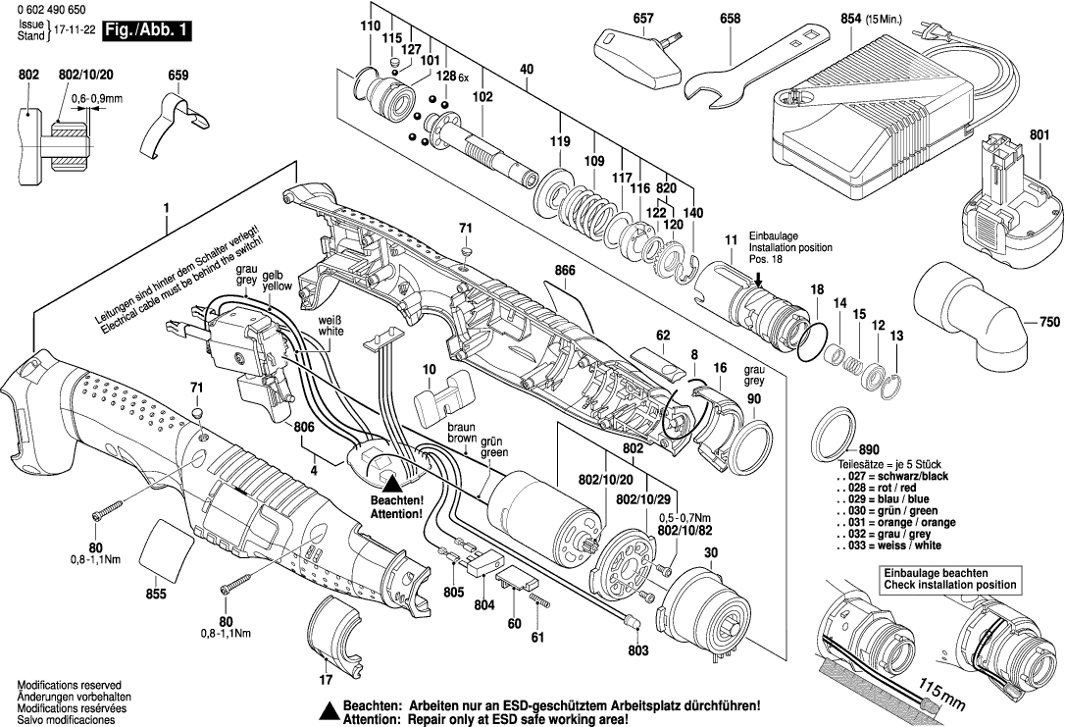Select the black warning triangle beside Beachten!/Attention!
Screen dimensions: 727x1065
point(392,482)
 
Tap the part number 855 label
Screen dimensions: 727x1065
point(156,594)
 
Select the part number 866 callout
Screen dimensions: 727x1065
point(563,269)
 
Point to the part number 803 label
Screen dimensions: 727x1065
point(637,649)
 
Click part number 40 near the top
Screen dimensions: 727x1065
point(527,70)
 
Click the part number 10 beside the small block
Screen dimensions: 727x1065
point(429,368)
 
